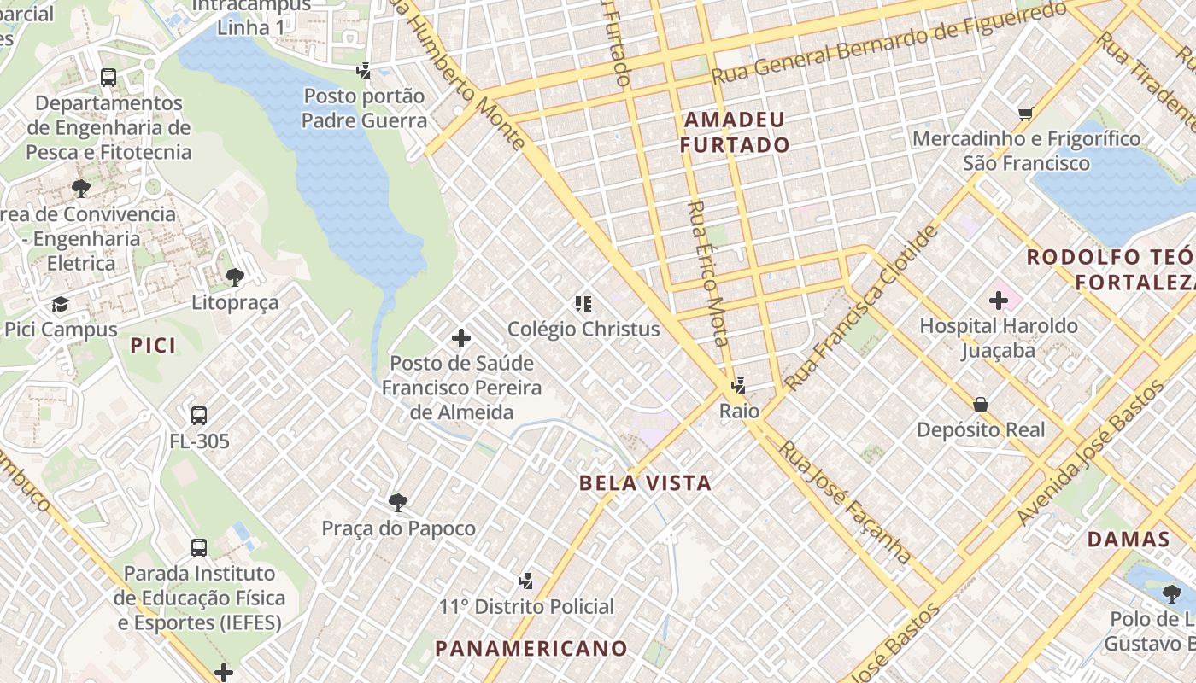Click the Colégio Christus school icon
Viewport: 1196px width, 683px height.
(583, 303)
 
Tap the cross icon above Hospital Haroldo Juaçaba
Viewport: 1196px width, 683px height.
(998, 301)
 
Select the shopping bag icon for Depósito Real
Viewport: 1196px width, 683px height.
(980, 404)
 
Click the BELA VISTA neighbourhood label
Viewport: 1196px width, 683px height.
(645, 483)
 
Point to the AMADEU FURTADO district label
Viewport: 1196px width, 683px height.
(735, 132)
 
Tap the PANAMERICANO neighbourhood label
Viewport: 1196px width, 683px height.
(531, 648)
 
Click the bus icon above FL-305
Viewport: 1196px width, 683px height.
(199, 416)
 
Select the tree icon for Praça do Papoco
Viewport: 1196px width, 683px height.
(397, 502)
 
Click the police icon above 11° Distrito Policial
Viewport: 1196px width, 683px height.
(526, 581)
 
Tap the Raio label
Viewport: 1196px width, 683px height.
(739, 411)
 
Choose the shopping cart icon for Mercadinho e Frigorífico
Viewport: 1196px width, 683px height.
(1025, 114)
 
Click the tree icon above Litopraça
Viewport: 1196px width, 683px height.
(235, 277)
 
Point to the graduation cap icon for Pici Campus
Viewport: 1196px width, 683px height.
(60, 304)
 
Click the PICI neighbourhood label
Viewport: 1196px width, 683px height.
(154, 345)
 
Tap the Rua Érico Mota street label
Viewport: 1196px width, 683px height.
(708, 273)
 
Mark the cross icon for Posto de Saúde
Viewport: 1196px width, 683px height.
(461, 338)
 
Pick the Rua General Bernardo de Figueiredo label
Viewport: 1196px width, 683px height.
(888, 42)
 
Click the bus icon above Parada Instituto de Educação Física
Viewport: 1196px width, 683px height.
(199, 547)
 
